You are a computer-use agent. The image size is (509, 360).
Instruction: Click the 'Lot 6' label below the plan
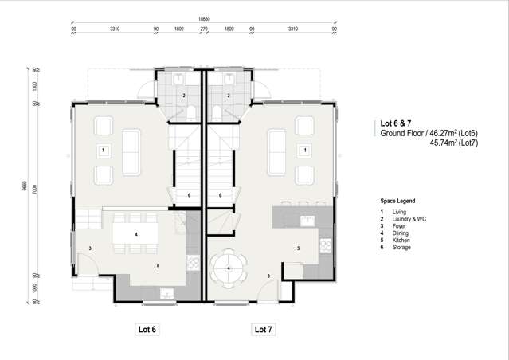(148, 329)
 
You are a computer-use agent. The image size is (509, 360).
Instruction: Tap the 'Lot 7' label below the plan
(264, 329)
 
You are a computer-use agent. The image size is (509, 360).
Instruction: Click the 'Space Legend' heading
(397, 202)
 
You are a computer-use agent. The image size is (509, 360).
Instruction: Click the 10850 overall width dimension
(204, 17)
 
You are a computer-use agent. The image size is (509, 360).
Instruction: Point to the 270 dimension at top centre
(204, 29)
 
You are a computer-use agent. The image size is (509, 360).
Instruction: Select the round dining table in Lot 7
(229, 266)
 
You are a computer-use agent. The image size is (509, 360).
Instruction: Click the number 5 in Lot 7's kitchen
(299, 248)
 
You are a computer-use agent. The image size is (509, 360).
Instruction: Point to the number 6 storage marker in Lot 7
(220, 195)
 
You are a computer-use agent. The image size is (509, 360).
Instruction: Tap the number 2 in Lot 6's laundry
(184, 96)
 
